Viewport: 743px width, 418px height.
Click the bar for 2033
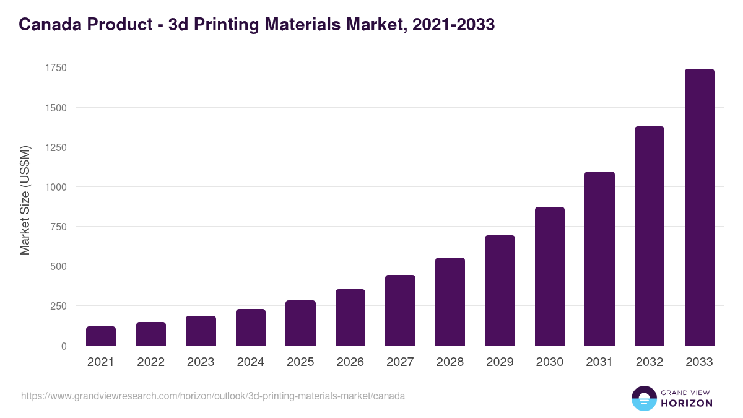pos(699,207)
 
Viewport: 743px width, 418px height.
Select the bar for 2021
pos(101,336)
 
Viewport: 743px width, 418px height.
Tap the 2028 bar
pos(450,302)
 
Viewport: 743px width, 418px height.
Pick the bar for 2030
pos(550,276)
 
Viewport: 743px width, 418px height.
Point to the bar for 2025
pos(300,323)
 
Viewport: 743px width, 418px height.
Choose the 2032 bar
pos(649,236)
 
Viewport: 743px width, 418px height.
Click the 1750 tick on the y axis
pos(55,67)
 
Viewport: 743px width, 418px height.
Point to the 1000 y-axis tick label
pos(55,187)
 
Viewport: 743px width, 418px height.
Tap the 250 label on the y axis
pos(58,306)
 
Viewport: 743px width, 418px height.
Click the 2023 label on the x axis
pos(201,362)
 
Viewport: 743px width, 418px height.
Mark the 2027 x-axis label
pos(400,362)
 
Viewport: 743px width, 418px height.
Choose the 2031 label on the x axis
pos(599,362)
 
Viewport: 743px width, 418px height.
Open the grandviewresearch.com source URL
pos(213,396)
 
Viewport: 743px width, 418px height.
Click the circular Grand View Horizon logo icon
pos(643,398)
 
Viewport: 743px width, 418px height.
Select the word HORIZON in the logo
pos(687,403)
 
